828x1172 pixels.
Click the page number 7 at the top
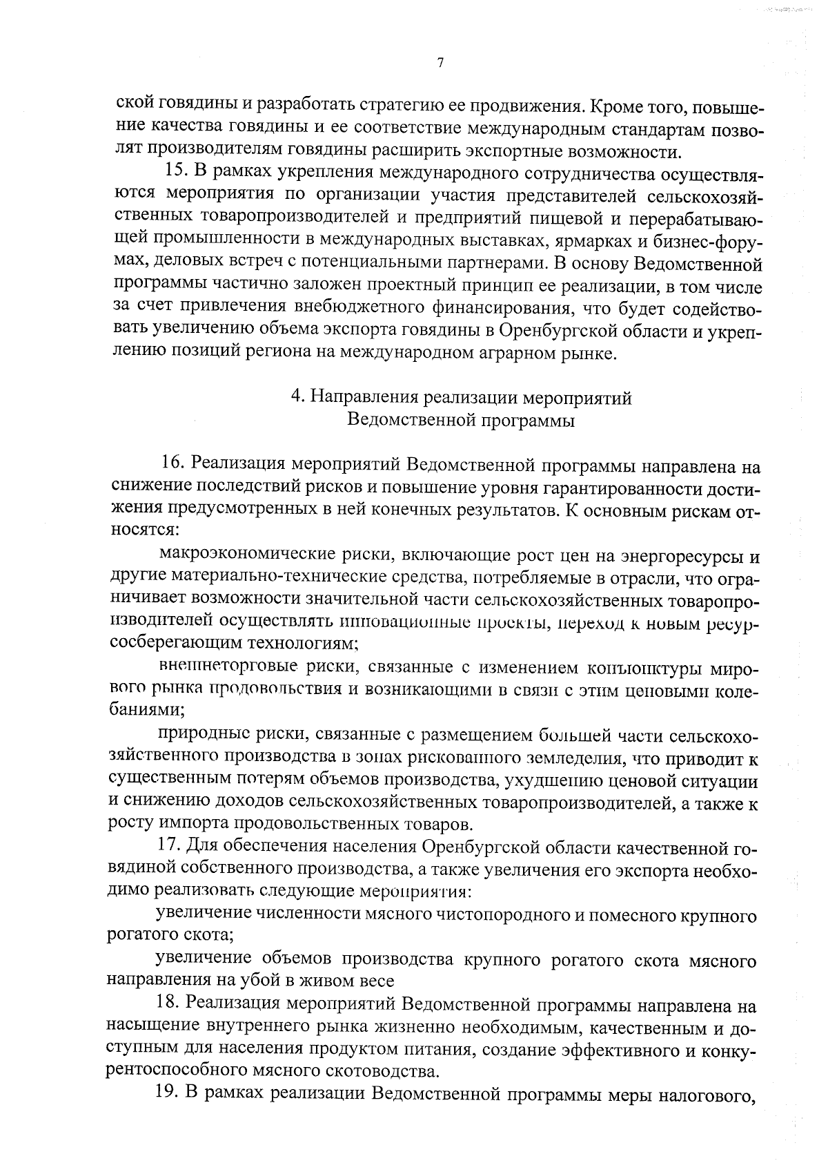tap(440, 63)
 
